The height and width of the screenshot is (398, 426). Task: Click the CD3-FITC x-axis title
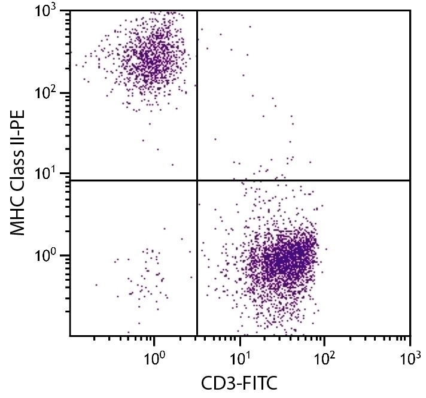click(x=239, y=381)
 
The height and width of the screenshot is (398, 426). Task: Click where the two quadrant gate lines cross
click(x=197, y=180)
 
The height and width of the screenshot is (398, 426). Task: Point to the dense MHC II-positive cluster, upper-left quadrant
click(x=150, y=60)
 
